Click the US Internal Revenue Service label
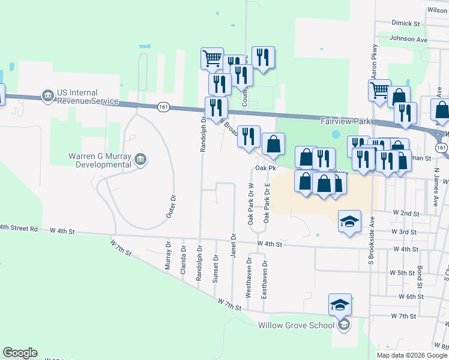87,97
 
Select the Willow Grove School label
296,325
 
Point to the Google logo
20,353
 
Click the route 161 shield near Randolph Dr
163,106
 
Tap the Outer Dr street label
173,205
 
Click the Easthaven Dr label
265,279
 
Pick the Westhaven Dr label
249,279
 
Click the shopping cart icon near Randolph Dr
212,58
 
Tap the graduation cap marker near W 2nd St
349,221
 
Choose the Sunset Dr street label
216,268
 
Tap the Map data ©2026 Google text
411,355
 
